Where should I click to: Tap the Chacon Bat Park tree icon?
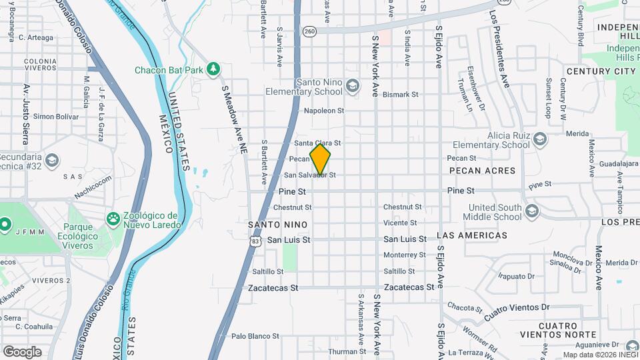pos(213,69)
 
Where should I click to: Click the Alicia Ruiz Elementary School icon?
pos(539,139)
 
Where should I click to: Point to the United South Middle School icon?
pos(531,211)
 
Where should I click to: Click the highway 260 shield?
pos(309,31)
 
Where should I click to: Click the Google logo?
pos(22,351)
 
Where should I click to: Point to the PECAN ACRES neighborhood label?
pos(483,171)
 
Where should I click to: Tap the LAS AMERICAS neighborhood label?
pos(472,235)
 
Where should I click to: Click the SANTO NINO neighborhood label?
pos(272,225)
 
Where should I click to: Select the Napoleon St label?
pos(323,111)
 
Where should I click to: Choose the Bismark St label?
pos(401,95)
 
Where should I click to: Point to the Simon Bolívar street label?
pos(57,117)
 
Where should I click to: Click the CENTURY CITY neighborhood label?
pos(600,71)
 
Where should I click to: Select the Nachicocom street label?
pos(93,187)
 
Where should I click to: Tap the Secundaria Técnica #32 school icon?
pos(52,160)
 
